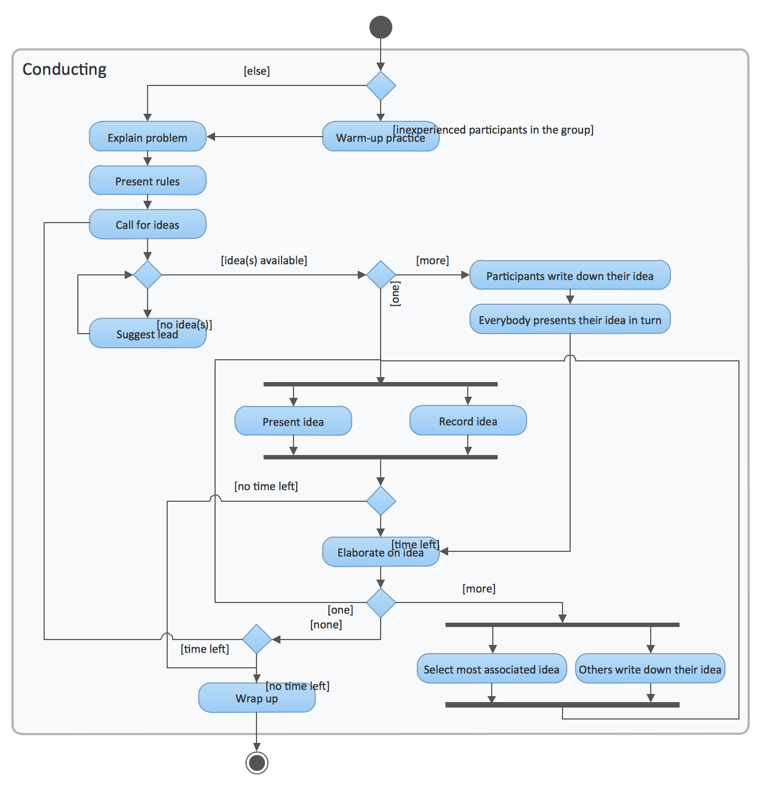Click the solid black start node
381,27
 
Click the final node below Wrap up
256,763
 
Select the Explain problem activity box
147,137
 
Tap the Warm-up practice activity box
359,137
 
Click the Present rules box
147,181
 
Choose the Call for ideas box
147,224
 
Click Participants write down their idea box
570,275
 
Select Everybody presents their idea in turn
570,319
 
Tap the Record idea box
468,421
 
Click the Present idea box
293,421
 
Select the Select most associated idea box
491,669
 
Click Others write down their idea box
650,669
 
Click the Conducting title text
64,69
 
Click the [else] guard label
256,71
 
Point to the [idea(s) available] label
264,260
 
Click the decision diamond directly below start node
381,85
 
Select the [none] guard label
326,624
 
